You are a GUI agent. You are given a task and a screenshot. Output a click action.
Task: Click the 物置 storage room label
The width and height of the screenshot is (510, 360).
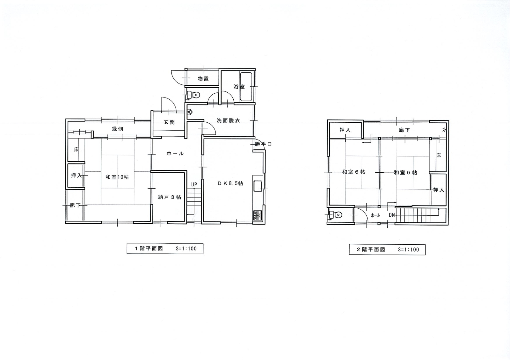203,79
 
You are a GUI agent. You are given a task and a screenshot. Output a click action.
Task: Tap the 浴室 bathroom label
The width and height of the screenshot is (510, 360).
239,87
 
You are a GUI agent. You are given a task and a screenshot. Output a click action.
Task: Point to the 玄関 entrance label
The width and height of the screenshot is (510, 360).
169,122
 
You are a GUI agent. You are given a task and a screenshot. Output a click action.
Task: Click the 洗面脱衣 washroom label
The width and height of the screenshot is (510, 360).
228,121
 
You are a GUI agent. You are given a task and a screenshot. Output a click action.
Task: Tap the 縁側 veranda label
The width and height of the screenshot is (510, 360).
118,129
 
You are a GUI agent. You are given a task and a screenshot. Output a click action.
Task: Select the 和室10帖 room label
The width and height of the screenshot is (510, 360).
117,177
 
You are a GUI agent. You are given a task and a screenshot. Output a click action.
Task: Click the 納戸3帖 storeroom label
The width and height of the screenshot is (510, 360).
170,197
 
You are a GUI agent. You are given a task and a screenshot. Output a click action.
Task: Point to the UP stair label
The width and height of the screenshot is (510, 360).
194,184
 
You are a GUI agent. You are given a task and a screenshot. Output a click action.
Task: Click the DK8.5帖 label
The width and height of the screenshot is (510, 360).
230,184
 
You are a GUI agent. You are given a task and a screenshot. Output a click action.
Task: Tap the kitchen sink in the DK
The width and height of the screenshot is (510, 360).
258,186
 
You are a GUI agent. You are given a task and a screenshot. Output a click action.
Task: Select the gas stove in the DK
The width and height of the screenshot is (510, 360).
258,215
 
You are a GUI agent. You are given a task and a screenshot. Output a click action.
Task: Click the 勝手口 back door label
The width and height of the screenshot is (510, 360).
263,144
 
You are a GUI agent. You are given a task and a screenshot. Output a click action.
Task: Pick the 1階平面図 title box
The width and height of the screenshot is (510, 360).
165,248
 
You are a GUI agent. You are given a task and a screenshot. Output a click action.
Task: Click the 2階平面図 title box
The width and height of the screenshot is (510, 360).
387,250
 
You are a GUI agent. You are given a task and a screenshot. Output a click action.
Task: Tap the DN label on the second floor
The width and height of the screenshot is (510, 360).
392,215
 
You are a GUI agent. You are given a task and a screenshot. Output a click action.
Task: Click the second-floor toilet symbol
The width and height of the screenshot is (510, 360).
335,215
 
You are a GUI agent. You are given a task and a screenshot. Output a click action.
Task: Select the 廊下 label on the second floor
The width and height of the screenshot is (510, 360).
404,130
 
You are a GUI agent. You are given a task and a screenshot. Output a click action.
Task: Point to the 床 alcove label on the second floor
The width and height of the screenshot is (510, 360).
439,155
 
